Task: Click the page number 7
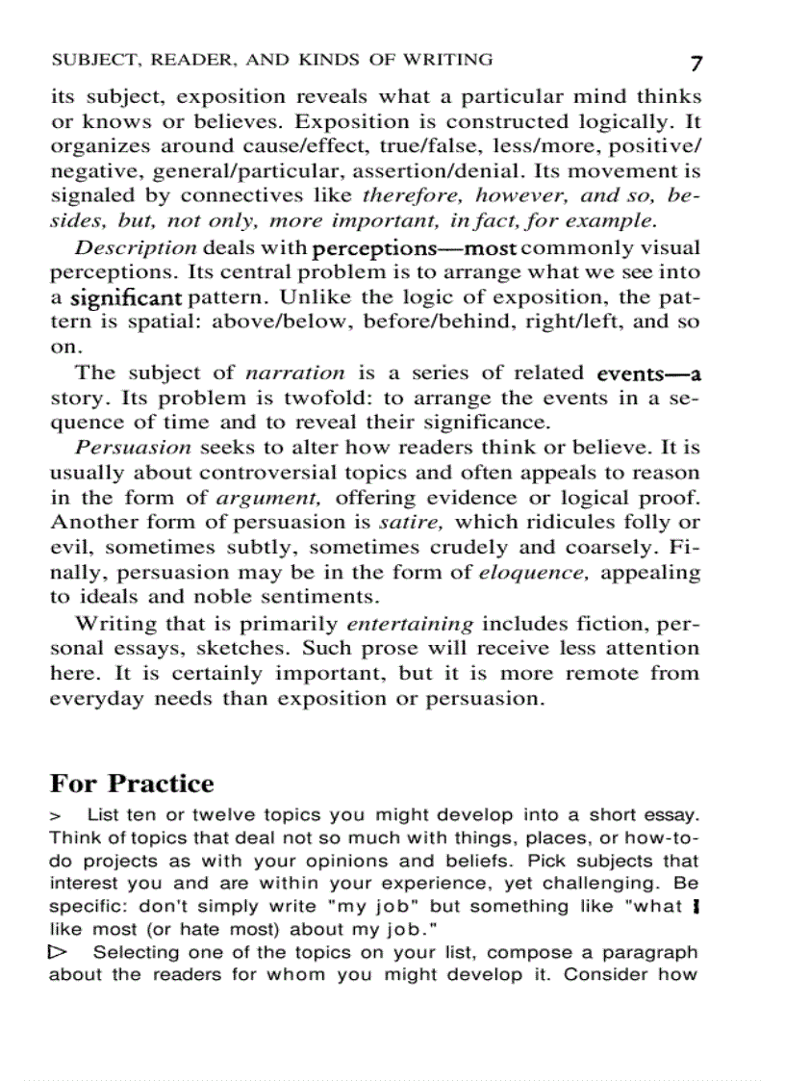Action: [x=696, y=64]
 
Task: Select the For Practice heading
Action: [x=132, y=783]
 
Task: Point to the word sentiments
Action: [x=299, y=598]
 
